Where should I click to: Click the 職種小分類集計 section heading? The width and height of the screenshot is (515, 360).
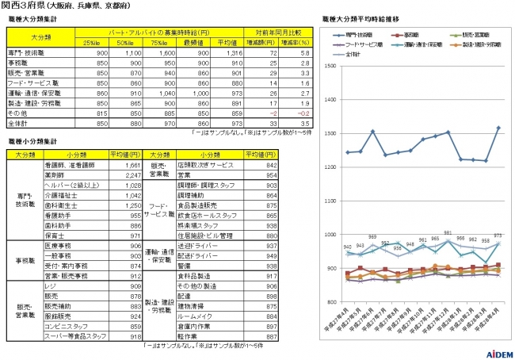coord(31,140)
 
